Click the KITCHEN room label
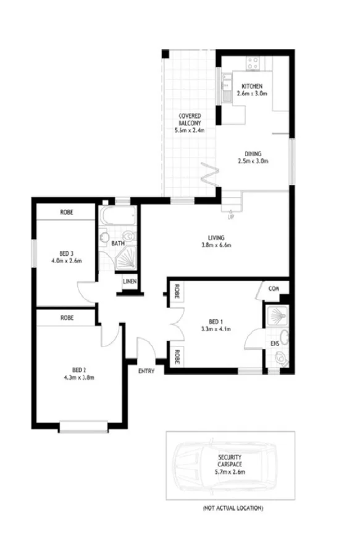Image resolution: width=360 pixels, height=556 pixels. coord(252,85)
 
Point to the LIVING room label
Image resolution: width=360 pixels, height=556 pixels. coord(216,237)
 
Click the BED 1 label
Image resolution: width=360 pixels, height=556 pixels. coord(215,321)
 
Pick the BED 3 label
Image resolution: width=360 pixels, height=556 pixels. coord(67,253)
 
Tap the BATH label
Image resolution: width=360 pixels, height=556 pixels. coord(117,243)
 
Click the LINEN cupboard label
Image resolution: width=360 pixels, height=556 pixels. coord(130,282)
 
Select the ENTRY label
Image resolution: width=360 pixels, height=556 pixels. coord(146,371)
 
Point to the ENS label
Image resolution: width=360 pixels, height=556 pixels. coord(274,343)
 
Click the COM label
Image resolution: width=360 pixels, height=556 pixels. coord(275,288)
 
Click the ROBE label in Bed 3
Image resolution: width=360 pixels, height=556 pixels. coord(67,213)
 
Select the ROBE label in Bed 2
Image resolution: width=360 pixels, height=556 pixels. coord(67,318)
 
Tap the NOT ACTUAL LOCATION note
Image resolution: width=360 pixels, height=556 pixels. coord(233,508)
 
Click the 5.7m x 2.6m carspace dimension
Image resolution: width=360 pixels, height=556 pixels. coord(230,471)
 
